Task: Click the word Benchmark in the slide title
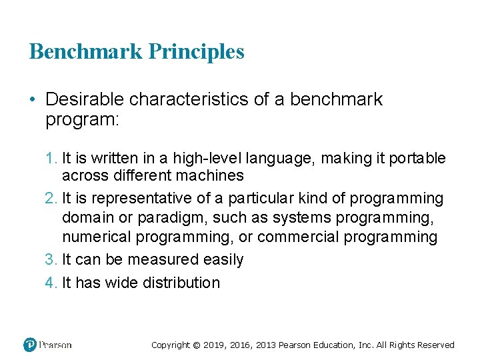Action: pos(87,51)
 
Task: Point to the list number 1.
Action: pos(51,158)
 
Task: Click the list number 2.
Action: pos(51,199)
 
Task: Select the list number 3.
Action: pos(51,259)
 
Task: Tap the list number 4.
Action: pos(51,283)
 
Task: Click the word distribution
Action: pos(179,283)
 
